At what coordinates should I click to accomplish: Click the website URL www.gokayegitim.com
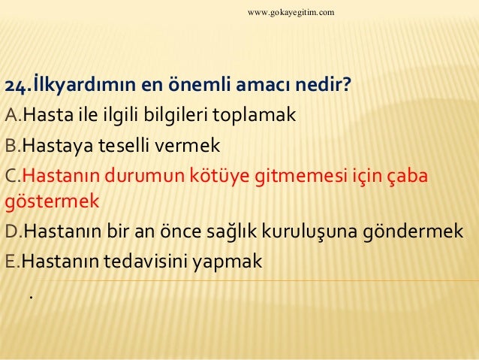click(291, 14)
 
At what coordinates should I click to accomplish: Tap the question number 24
click(17, 88)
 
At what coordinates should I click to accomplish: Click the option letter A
click(11, 116)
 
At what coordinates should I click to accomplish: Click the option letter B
click(11, 145)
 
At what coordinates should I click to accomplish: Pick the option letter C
click(11, 174)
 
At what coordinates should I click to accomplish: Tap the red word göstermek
click(52, 204)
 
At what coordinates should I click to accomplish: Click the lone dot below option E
click(30, 297)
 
